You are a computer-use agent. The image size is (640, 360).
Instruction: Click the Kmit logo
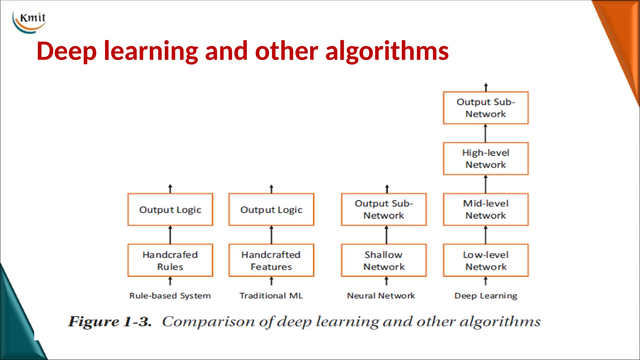pos(30,21)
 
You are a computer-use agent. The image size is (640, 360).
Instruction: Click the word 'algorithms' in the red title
pos(387,51)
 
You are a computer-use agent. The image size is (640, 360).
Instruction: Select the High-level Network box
pos(486,158)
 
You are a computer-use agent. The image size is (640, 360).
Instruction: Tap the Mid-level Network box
pos(486,209)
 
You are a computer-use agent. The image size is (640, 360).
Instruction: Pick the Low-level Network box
pos(486,260)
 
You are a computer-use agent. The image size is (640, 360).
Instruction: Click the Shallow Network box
pos(384,260)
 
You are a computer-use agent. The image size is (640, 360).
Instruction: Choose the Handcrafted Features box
pos(271,260)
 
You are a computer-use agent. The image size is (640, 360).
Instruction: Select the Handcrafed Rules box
pos(170,260)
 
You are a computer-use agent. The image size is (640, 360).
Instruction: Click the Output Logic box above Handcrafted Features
pos(271,209)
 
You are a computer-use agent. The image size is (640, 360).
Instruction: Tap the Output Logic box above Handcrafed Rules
pos(170,209)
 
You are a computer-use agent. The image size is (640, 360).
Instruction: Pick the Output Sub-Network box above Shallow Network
pos(384,209)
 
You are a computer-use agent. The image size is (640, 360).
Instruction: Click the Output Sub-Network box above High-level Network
pos(486,108)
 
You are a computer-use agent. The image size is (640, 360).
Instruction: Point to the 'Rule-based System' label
pos(170,296)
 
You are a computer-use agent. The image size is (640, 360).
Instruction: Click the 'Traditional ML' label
pos(271,296)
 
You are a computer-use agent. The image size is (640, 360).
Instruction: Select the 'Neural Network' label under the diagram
pos(381,296)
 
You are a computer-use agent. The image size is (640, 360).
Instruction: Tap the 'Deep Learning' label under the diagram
pos(486,296)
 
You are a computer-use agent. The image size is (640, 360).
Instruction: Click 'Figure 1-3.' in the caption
pos(110,322)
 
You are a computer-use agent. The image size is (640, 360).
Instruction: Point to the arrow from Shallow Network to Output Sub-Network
pos(387,235)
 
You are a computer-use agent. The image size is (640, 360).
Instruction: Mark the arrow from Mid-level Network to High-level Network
pos(486,184)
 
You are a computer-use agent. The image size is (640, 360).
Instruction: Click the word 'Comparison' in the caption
pos(208,322)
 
